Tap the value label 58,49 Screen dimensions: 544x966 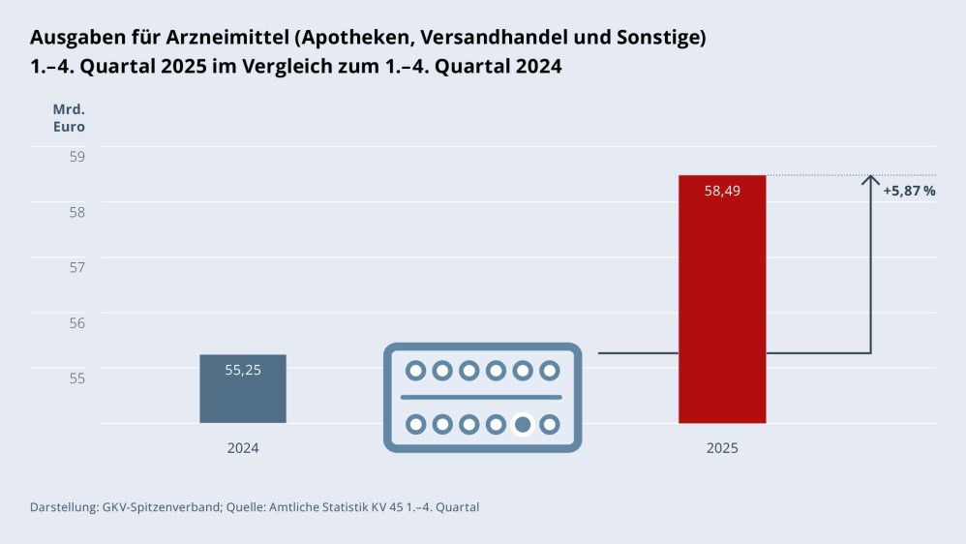[722, 191]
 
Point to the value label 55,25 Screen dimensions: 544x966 [243, 369]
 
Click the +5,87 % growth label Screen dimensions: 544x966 [909, 191]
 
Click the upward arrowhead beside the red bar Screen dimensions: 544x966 [871, 181]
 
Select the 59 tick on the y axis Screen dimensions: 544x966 [76, 156]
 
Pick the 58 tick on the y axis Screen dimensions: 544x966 [76, 211]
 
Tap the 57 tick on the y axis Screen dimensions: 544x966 [76, 266]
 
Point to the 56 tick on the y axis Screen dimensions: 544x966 [76, 321]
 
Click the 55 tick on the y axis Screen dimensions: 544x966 [76, 377]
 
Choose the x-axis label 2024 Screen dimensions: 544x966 [243, 448]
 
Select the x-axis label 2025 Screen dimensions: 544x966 [722, 448]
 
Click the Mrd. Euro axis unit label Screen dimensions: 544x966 [69, 117]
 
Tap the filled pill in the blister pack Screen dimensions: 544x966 [523, 424]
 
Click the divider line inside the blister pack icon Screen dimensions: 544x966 [481, 397]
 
